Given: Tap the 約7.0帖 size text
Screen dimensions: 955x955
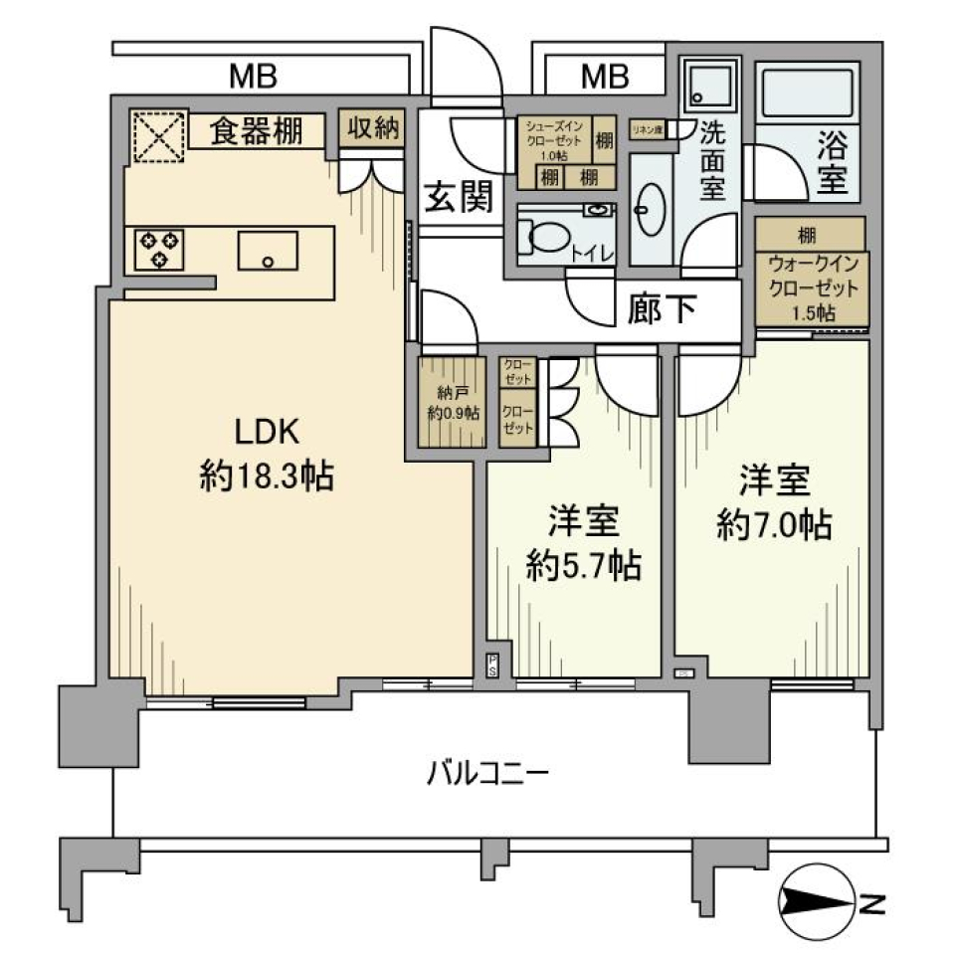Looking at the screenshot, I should pos(775,524).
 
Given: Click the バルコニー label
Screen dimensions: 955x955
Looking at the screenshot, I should pos(488,772).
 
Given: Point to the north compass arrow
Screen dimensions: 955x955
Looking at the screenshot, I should pos(816,901).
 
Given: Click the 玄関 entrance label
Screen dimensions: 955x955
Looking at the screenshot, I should pos(459,198).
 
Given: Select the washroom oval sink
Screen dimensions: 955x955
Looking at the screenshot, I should pos(653,210).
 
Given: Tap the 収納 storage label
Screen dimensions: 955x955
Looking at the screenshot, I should pos(373,127).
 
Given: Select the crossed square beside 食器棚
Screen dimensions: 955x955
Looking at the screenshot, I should pos(159,136).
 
